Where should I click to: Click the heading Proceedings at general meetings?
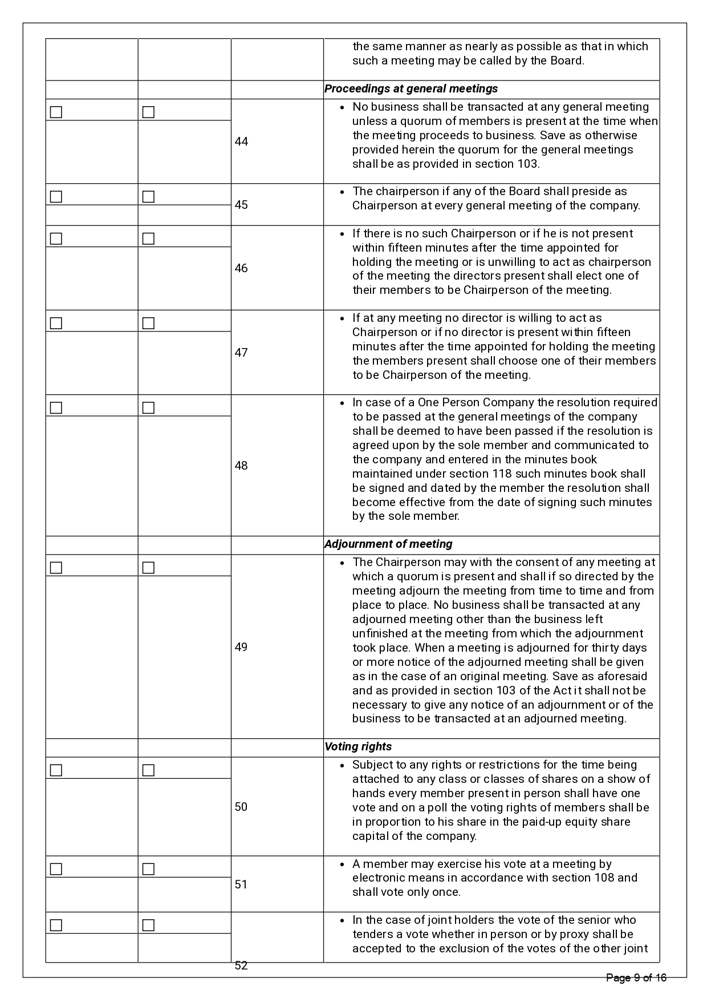coord(411,89)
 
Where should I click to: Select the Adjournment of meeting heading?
coord(388,544)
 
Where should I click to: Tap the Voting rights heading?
coord(358,747)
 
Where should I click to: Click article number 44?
coord(241,142)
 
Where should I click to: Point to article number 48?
coord(241,466)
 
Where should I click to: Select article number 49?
coord(241,647)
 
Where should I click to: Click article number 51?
coord(241,884)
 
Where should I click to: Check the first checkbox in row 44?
coord(56,112)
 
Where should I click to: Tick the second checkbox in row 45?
coord(148,197)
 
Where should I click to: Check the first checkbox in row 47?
coord(56,324)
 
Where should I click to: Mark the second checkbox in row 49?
coord(148,568)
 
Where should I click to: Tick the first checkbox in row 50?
coord(56,770)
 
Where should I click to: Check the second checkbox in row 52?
coord(148,925)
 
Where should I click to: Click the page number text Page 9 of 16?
coord(636,978)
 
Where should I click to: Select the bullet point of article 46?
coord(342,234)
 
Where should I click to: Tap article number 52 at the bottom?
coord(241,965)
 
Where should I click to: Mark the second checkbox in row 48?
coord(148,408)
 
